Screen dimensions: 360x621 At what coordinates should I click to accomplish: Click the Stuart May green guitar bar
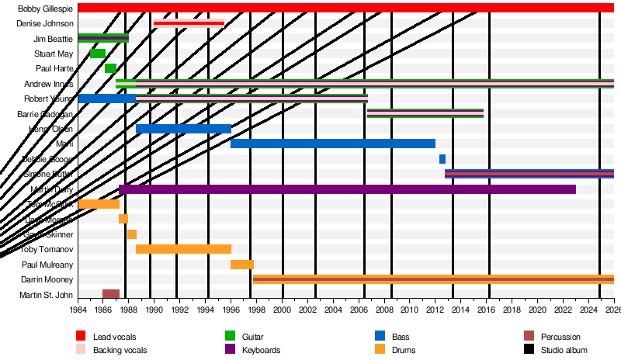(x=98, y=54)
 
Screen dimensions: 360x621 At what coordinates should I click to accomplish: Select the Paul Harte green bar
(x=110, y=68)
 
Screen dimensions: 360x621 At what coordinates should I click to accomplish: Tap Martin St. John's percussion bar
(x=111, y=294)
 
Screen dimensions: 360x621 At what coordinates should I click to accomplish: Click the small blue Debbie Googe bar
(x=442, y=159)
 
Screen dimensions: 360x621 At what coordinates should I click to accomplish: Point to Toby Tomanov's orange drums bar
(x=183, y=249)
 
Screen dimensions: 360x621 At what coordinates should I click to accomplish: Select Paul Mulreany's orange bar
(x=242, y=265)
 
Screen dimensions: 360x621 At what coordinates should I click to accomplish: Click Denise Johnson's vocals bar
(x=189, y=23)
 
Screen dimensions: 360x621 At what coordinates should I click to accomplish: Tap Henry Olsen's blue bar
(x=183, y=129)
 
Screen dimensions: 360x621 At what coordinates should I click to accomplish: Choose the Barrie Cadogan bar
(x=425, y=113)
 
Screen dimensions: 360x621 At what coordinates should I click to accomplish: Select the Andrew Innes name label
(x=49, y=84)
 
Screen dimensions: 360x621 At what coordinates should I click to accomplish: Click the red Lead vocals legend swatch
(x=80, y=336)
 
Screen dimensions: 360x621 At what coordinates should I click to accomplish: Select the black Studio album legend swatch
(x=529, y=350)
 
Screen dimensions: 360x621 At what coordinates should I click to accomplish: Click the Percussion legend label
(x=561, y=336)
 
